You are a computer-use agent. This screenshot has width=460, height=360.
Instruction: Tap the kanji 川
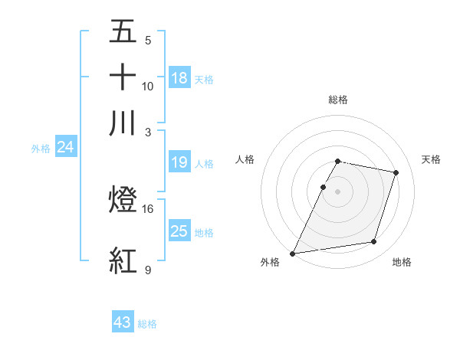123,123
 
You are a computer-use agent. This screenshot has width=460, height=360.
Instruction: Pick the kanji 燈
123,201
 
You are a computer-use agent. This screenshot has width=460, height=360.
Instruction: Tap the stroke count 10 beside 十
148,86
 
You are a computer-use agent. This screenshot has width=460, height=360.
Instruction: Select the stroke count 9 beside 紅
147,270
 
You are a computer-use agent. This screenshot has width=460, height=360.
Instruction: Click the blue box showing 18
179,78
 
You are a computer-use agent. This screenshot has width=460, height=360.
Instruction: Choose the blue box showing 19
179,162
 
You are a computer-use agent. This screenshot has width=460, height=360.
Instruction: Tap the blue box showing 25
179,231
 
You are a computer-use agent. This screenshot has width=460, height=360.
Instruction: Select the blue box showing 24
65,147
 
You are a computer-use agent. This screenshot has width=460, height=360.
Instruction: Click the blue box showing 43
123,322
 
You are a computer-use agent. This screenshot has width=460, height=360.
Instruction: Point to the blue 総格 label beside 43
147,324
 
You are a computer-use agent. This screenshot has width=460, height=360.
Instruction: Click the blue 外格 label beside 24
41,149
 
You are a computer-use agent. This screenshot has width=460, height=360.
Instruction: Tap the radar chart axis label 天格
431,159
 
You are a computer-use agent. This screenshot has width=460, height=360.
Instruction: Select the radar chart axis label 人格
245,159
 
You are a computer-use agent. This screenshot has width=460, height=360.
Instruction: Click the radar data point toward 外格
293,254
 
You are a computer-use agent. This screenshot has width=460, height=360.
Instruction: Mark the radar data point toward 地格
374,242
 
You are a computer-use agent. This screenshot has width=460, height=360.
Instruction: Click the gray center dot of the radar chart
337,191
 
